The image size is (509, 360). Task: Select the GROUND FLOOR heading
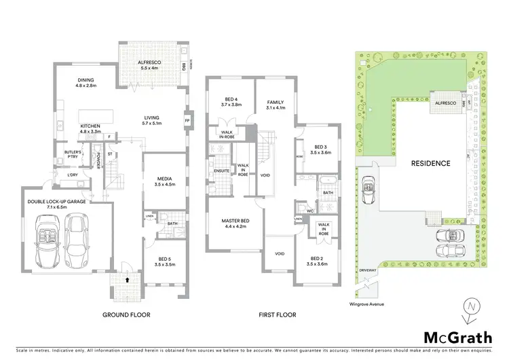(x=126, y=315)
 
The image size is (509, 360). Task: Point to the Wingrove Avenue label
(x=366, y=304)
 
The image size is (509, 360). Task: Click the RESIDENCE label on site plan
(x=430, y=164)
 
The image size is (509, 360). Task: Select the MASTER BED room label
(x=234, y=221)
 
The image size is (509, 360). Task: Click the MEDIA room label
(x=164, y=179)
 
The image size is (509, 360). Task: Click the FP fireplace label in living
(x=187, y=121)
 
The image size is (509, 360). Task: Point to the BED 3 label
(x=320, y=147)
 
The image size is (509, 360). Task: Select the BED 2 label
(x=316, y=259)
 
